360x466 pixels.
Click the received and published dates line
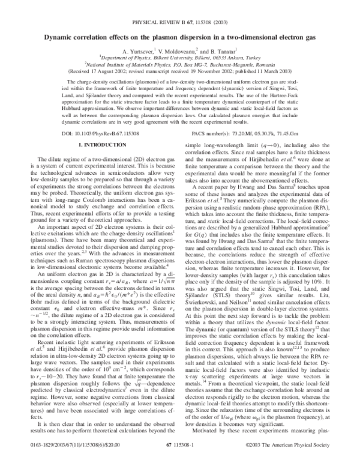coord(180,68)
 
